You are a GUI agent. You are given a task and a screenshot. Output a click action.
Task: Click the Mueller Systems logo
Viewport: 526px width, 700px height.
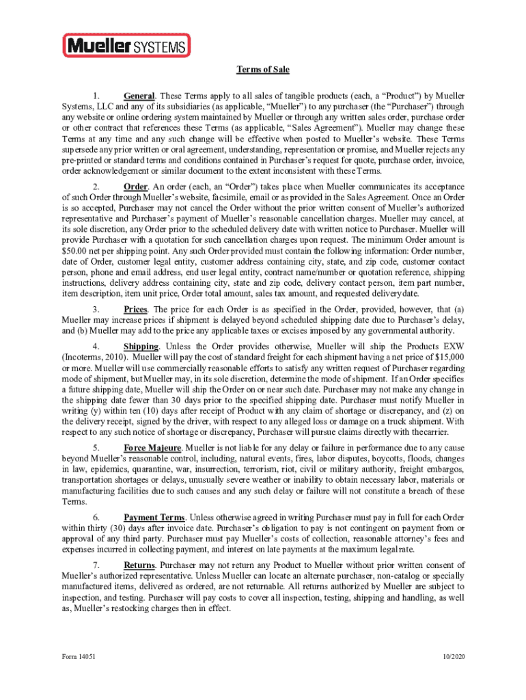(x=126, y=46)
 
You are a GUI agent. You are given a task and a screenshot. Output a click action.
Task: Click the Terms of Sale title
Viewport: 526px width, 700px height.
(x=263, y=70)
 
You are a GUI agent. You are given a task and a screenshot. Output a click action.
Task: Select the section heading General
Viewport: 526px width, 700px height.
(x=139, y=96)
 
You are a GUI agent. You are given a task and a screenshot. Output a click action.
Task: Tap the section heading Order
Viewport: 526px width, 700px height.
(x=135, y=187)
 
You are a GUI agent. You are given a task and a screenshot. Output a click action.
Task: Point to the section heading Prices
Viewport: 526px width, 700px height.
(x=136, y=310)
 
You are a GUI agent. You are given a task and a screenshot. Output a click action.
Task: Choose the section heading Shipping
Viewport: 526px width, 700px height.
(x=141, y=347)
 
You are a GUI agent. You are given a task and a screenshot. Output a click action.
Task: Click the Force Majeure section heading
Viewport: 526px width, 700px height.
(x=152, y=448)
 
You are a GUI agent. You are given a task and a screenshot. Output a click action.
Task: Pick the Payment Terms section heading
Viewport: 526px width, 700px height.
(x=154, y=517)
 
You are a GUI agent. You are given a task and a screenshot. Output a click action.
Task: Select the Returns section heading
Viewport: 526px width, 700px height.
(x=139, y=565)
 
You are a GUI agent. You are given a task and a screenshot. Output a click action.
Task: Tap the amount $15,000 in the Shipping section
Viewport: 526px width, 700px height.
(x=449, y=357)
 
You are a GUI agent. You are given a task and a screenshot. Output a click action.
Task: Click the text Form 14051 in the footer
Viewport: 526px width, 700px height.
(x=77, y=657)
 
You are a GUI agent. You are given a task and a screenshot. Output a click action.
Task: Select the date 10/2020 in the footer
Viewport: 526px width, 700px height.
(x=453, y=657)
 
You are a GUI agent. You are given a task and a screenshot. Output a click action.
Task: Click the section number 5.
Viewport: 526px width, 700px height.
(x=97, y=448)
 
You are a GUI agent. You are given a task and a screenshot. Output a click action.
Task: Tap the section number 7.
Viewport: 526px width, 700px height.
(x=97, y=565)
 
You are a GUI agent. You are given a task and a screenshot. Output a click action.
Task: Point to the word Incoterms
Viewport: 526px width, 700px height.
(x=88, y=357)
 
